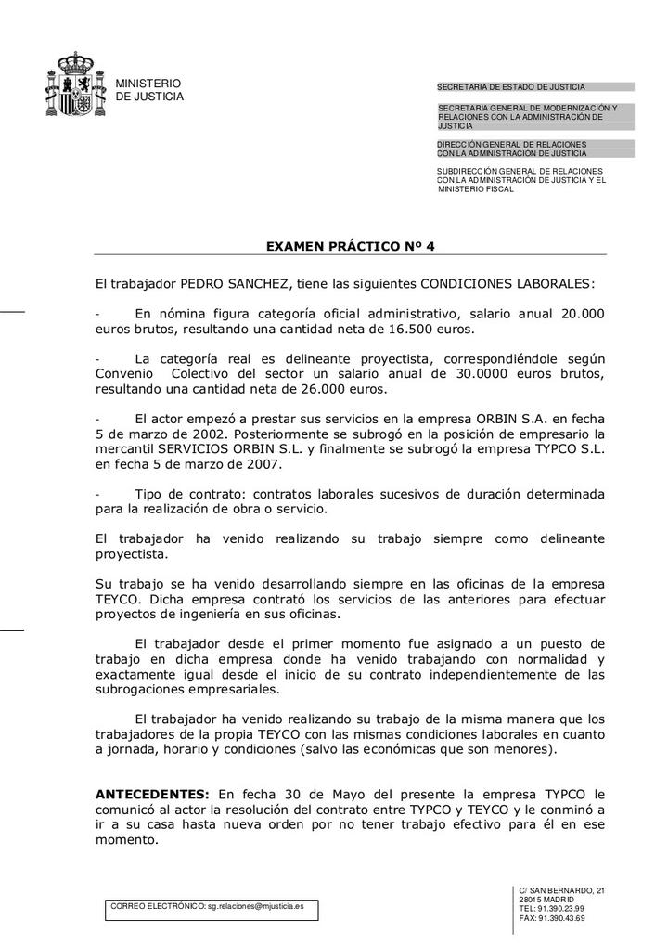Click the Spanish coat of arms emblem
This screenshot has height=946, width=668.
[74, 84]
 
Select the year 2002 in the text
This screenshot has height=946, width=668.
[203, 434]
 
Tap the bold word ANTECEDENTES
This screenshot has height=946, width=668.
[153, 795]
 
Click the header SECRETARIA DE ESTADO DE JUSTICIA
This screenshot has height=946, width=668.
[511, 87]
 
